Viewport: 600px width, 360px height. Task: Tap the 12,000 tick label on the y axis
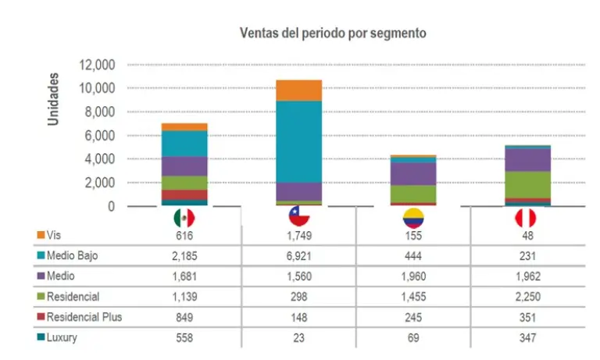click(98, 65)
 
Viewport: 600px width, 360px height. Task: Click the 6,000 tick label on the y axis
click(101, 136)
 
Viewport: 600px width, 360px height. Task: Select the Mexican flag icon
click(184, 217)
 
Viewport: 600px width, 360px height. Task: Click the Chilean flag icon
click(299, 217)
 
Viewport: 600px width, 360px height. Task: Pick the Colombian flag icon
click(413, 217)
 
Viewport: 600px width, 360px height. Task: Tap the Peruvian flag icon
click(528, 217)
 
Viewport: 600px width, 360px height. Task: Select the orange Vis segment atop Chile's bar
click(298, 91)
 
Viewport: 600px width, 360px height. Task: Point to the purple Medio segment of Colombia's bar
click(413, 173)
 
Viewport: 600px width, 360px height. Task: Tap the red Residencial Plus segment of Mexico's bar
click(184, 194)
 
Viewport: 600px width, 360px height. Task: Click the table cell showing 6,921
click(299, 255)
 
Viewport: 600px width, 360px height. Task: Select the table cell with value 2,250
click(528, 296)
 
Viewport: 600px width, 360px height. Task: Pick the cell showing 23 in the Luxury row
click(299, 337)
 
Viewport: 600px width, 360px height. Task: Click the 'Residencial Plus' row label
click(85, 317)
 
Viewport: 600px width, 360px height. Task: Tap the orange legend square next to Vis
click(41, 235)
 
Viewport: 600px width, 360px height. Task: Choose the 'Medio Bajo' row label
click(72, 255)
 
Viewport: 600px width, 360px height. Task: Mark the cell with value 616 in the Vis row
click(184, 235)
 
